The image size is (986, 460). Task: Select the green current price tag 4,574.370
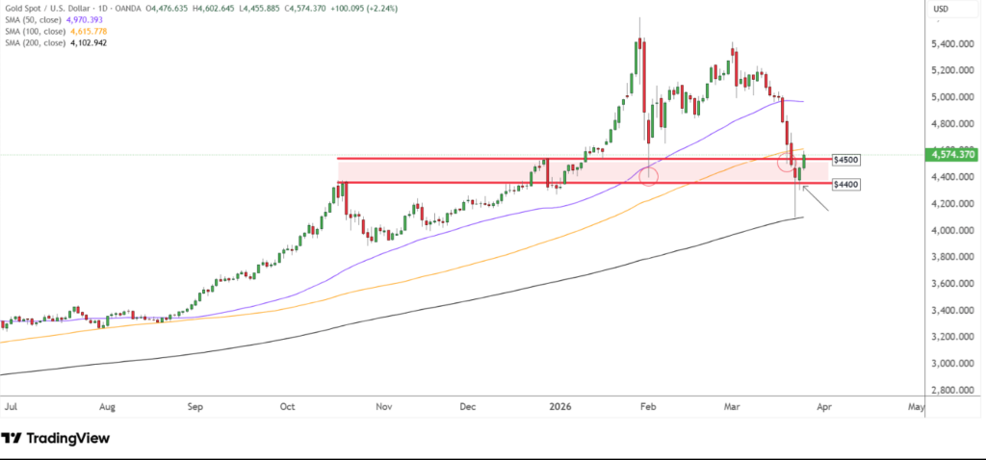(x=949, y=154)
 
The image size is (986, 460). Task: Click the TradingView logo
(x=56, y=439)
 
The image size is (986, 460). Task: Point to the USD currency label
(x=944, y=11)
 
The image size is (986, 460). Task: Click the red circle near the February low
(x=648, y=176)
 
